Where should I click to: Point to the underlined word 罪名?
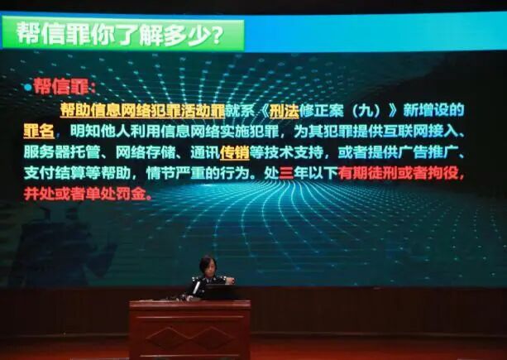tap(38, 131)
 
